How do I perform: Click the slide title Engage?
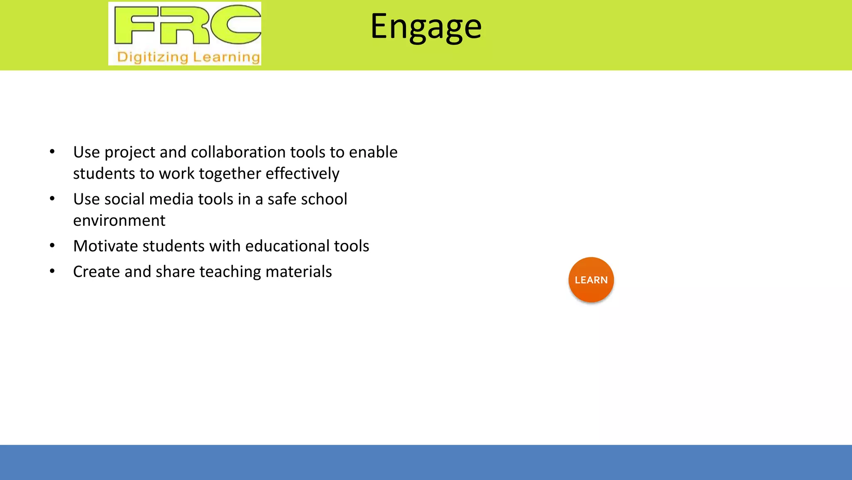point(426,27)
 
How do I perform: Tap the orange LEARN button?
point(591,280)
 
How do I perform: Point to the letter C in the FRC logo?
point(235,25)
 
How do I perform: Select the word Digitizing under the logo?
point(153,57)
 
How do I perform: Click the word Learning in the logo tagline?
point(226,57)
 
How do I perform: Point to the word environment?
point(119,220)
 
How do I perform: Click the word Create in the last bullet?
point(96,272)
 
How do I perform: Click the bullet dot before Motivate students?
point(52,246)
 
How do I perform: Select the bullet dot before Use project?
point(52,152)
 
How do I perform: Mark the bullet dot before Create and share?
point(52,272)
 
